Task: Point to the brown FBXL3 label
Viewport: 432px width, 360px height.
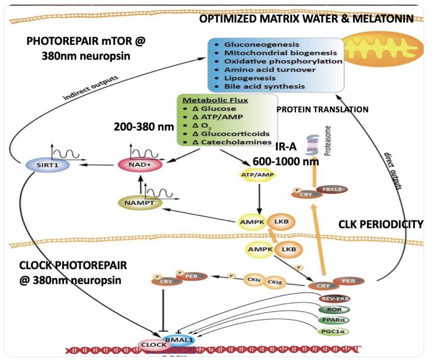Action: pyautogui.click(x=327, y=188)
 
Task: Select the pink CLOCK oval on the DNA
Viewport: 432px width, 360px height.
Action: pyautogui.click(x=153, y=345)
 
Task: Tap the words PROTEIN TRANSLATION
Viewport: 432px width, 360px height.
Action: pyautogui.click(x=322, y=109)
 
